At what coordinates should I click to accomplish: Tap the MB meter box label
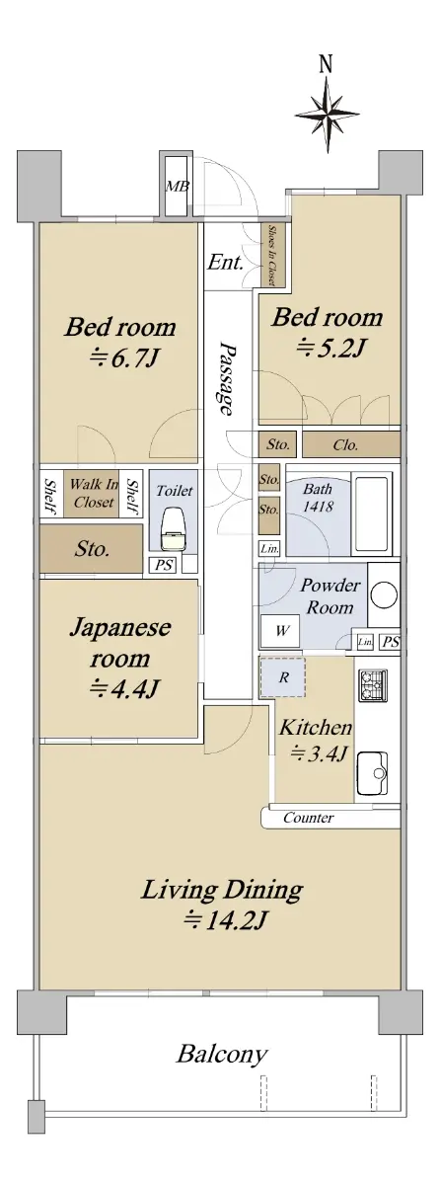177,187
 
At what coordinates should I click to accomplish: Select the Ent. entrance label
226,263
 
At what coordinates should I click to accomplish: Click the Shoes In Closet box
273,255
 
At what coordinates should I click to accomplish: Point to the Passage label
226,378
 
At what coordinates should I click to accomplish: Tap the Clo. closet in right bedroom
351,445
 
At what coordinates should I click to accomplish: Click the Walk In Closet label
94,493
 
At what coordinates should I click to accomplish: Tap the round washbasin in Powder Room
383,595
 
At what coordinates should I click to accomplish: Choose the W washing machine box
280,632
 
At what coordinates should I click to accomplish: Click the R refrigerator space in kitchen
282,677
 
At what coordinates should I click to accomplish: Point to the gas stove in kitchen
373,685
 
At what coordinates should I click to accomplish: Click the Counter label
309,818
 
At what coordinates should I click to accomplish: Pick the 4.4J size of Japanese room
123,688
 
